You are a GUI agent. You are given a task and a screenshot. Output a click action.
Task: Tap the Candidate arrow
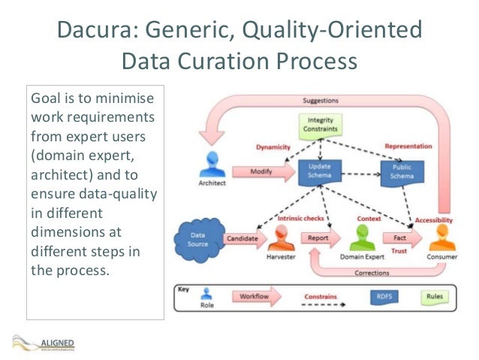[243, 238]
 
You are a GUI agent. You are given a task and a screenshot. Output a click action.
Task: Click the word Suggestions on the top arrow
[320, 100]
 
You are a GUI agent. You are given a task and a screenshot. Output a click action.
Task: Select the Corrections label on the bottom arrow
[371, 273]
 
